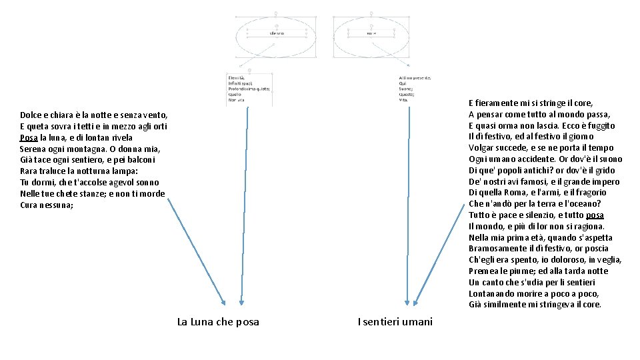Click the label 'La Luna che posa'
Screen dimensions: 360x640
pyautogui.click(x=218, y=322)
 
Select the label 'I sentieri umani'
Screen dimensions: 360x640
pyautogui.click(x=395, y=322)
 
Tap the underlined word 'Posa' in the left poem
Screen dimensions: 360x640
pyautogui.click(x=29, y=137)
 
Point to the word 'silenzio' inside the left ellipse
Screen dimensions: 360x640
pyautogui.click(x=277, y=33)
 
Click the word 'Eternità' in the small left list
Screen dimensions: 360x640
pyautogui.click(x=237, y=77)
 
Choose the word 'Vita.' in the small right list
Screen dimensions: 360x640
pyautogui.click(x=404, y=100)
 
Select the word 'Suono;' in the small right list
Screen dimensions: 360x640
pyautogui.click(x=406, y=89)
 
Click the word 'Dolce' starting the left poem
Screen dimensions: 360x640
pyautogui.click(x=31, y=115)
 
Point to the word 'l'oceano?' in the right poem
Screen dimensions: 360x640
pyautogui.click(x=583, y=203)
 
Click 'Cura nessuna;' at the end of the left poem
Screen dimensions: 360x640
pyautogui.click(x=47, y=205)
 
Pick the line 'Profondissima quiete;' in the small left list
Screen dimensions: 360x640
pyautogui.click(x=249, y=89)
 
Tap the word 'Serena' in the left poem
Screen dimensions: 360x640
pyautogui.click(x=33, y=149)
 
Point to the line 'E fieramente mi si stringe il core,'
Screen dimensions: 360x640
pyautogui.click(x=531, y=103)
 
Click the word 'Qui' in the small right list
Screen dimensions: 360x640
pyautogui.click(x=401, y=83)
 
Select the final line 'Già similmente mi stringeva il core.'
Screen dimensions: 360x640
pyautogui.click(x=535, y=305)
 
